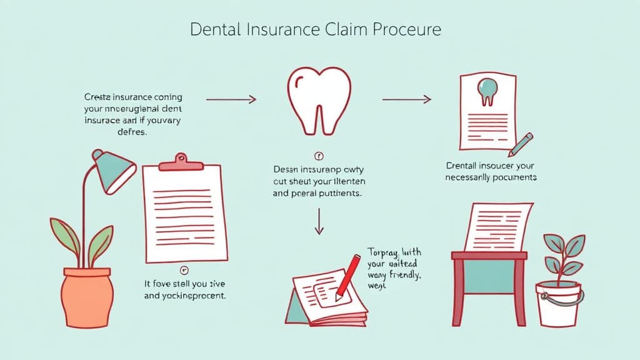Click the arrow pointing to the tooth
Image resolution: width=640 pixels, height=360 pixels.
click(x=231, y=99)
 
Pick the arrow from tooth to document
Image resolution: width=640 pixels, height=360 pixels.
click(x=407, y=99)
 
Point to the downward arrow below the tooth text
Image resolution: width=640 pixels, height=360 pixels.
click(x=319, y=222)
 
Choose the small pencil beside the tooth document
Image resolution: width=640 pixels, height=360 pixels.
click(x=520, y=144)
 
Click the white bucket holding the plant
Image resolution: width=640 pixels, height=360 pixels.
click(x=558, y=304)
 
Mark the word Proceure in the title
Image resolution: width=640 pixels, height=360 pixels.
click(x=411, y=29)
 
